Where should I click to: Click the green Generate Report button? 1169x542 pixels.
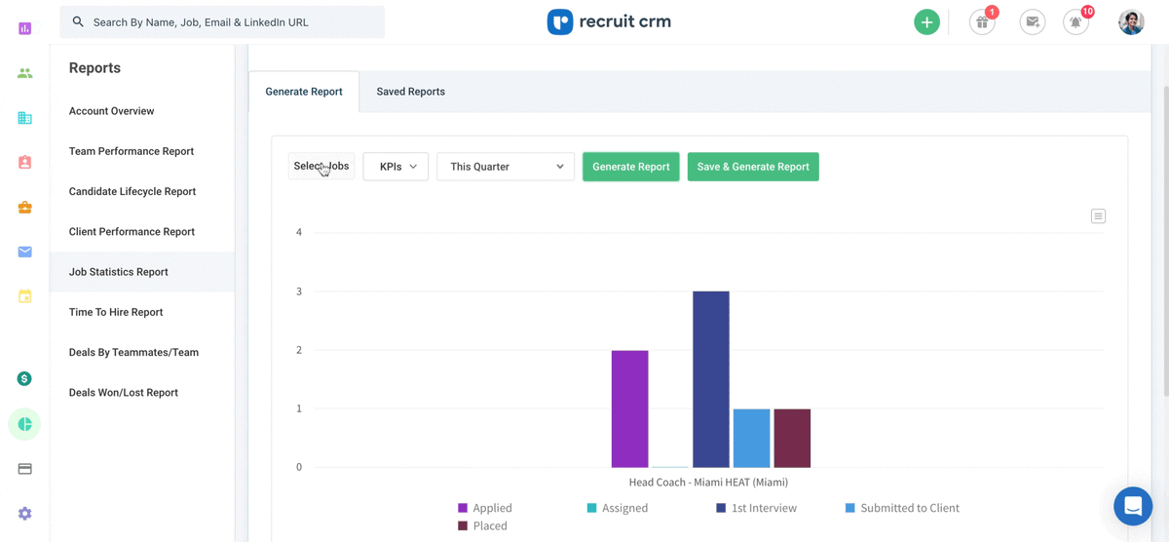pos(630,167)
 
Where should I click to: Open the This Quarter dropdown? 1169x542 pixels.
pos(506,167)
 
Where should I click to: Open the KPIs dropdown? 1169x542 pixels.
pos(396,167)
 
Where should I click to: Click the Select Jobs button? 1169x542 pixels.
pos(321,167)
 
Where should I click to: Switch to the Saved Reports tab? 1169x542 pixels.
pos(410,92)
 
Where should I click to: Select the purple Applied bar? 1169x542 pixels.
pos(629,409)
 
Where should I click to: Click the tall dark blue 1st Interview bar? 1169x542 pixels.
pos(710,379)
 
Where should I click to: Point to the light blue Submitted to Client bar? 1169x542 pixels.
pos(751,438)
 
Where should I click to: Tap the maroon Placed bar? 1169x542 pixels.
pos(792,438)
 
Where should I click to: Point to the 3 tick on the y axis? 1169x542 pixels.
pos(299,291)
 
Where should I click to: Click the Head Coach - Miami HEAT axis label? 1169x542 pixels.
pos(708,483)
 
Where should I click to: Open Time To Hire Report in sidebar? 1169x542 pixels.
pos(116,312)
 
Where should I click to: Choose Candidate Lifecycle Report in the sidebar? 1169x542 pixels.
pos(132,191)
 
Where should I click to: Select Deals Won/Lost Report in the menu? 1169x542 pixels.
pos(124,393)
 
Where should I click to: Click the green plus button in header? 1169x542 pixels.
pos(926,21)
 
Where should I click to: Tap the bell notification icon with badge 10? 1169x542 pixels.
pos(1075,22)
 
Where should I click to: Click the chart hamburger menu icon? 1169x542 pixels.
pos(1098,216)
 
